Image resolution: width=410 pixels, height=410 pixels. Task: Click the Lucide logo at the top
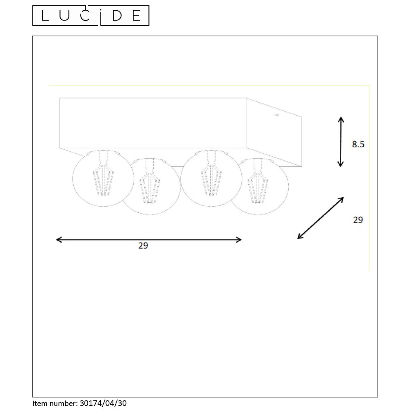91,16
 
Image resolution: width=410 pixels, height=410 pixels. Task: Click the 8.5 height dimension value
358,144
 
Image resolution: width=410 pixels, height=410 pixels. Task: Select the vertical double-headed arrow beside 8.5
340,142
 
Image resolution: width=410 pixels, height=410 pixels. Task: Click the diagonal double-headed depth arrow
320,218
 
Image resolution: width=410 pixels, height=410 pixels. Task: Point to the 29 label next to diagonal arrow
358,220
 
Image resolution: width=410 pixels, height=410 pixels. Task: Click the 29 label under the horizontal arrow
143,246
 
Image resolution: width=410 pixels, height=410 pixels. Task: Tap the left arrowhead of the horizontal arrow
59,239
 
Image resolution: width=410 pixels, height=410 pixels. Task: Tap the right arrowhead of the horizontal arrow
239,239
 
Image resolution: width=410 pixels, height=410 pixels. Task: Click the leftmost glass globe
103,178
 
